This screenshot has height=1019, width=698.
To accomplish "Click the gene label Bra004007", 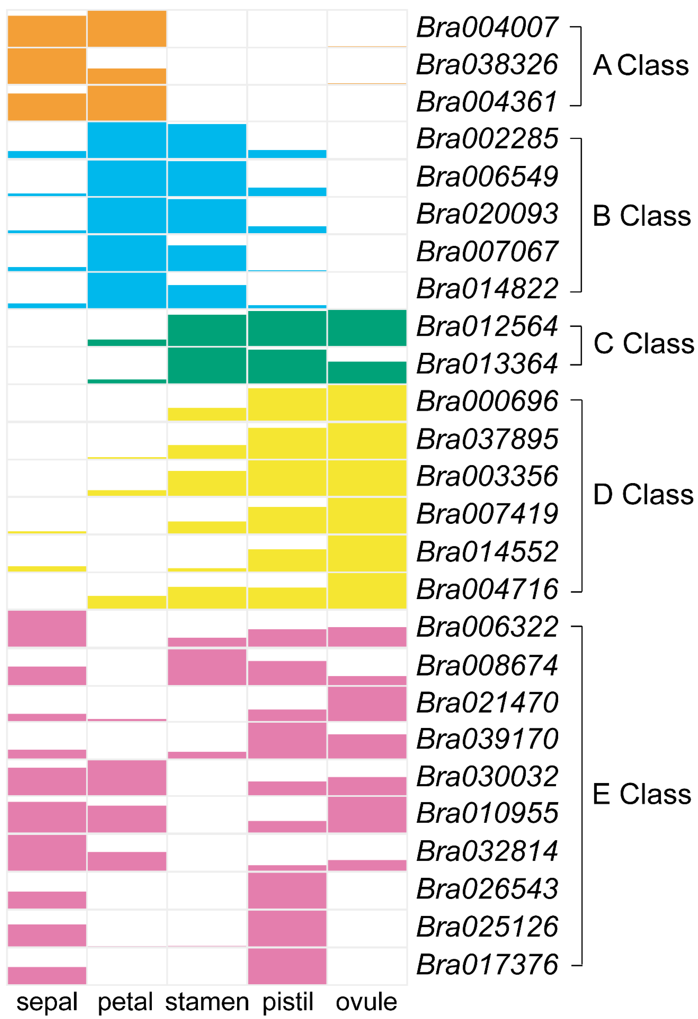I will tap(487, 27).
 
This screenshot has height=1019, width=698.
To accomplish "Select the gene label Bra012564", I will tap(487, 327).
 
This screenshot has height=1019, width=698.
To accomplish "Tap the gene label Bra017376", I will tap(487, 965).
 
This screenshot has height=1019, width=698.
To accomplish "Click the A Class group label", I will tap(640, 65).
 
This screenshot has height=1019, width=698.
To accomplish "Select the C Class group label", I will tap(643, 343).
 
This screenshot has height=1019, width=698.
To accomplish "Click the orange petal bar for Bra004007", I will tap(127, 29).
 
